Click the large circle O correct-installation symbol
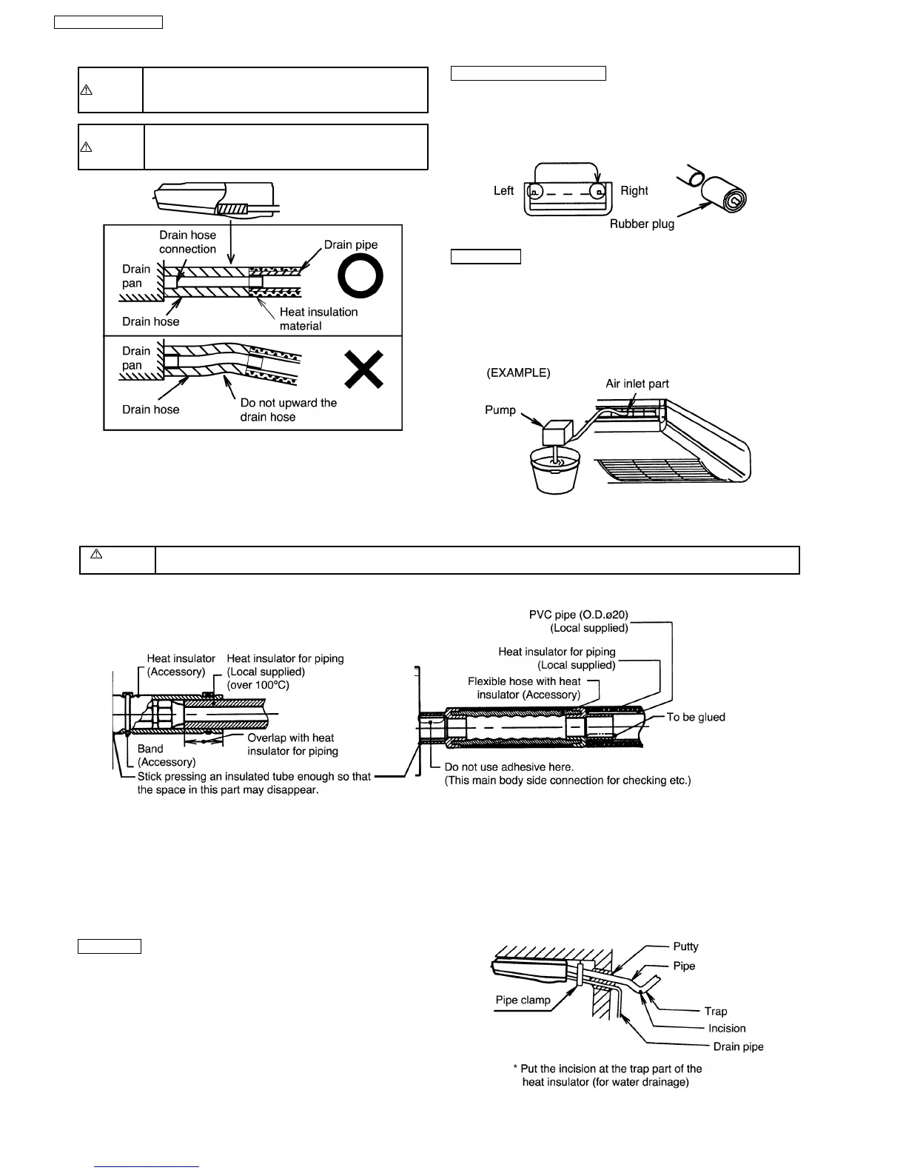click(360, 279)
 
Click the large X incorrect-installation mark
click(363, 370)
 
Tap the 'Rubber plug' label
click(642, 224)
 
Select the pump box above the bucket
click(559, 433)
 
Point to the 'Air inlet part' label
click(637, 384)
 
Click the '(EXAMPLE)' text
click(518, 373)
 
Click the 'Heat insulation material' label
click(318, 319)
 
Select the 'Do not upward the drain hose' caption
click(288, 410)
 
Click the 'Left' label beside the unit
click(503, 191)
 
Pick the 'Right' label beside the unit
click(634, 191)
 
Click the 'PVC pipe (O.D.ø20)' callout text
click(578, 615)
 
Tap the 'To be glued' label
click(696, 717)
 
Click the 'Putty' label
click(685, 946)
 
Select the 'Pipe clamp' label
click(523, 1000)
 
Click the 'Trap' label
click(716, 1012)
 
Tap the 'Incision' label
click(727, 1029)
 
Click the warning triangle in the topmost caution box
click(86, 90)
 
